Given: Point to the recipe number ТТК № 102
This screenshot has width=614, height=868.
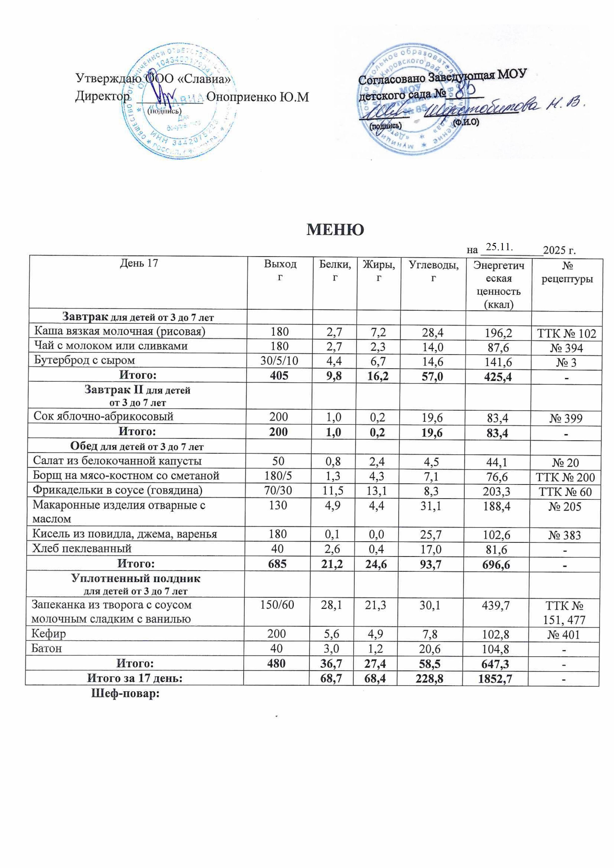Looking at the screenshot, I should (x=566, y=334).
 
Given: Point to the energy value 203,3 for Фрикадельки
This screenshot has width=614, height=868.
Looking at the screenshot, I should (x=499, y=491).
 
